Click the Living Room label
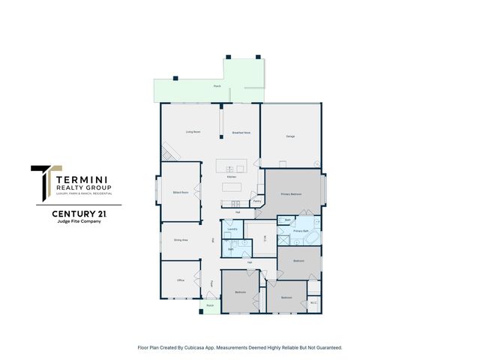[193, 132]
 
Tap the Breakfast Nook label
[241, 132]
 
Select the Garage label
[289, 136]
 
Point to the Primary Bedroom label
[291, 194]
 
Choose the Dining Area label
[181, 240]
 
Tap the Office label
[180, 280]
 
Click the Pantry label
[256, 201]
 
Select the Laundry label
[232, 229]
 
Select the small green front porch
[211, 306]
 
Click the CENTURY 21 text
[79, 214]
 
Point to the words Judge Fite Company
[79, 222]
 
